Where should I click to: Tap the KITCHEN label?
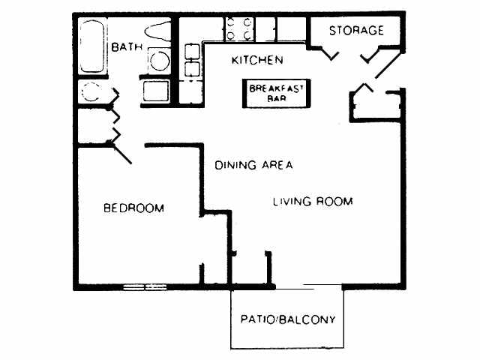[256, 59]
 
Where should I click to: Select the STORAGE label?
[356, 31]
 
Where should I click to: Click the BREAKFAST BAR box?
[275, 93]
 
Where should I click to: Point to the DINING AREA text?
[253, 165]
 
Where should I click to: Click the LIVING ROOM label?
[312, 201]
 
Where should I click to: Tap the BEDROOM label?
[133, 208]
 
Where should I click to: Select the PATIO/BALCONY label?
[287, 319]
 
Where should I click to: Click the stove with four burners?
[238, 28]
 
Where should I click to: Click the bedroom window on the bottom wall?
[145, 286]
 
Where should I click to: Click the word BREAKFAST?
[275, 88]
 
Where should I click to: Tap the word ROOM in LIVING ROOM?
[334, 201]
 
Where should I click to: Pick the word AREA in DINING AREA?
[276, 165]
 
